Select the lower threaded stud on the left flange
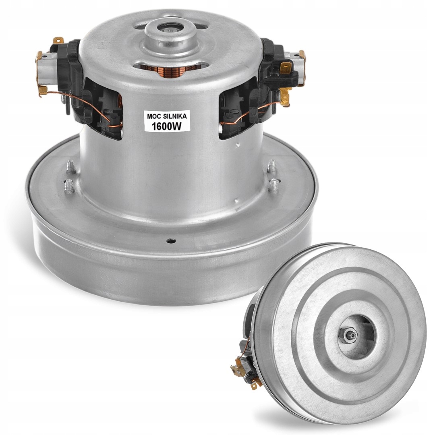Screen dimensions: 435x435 (69, 186)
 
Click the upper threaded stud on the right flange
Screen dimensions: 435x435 (271, 165)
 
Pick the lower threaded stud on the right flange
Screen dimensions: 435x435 (274, 184)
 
